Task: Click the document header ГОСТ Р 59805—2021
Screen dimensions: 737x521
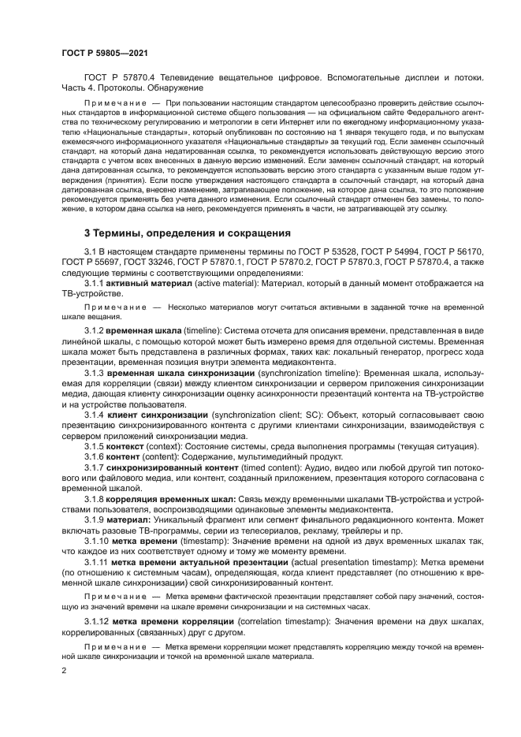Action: [105, 51]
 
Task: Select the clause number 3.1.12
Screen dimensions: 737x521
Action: [97, 622]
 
